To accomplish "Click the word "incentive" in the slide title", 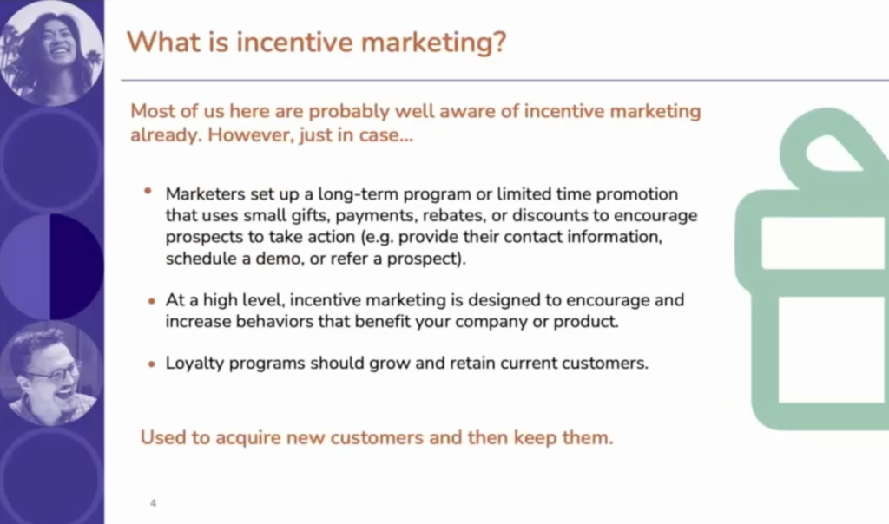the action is point(293,42).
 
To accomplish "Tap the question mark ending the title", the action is point(499,42).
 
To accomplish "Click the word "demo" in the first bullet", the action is point(278,259).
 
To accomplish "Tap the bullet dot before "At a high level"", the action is point(151,301).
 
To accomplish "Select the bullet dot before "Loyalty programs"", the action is point(151,364).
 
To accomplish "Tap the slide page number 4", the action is point(153,503).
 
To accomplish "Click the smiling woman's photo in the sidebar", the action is point(51,53).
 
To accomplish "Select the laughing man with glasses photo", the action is point(51,374).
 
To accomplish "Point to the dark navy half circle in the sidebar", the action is point(76,266).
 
